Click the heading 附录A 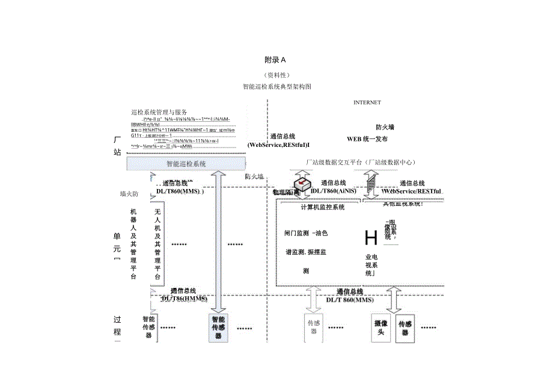275,60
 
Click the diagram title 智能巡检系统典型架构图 276,87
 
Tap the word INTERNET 367,102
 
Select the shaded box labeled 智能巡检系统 186,163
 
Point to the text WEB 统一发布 367,139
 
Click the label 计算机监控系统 323,208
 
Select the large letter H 371,238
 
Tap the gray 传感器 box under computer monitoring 314,326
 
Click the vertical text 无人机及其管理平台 157,244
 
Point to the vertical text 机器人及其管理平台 133,244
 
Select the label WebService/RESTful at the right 412,191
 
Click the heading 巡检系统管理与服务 159,112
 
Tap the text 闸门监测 296,233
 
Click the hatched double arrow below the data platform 370,180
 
